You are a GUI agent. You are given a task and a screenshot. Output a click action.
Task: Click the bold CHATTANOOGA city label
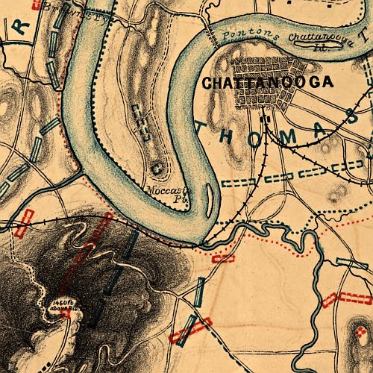(267, 83)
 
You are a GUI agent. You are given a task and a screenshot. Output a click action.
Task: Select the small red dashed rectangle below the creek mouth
(222, 258)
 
